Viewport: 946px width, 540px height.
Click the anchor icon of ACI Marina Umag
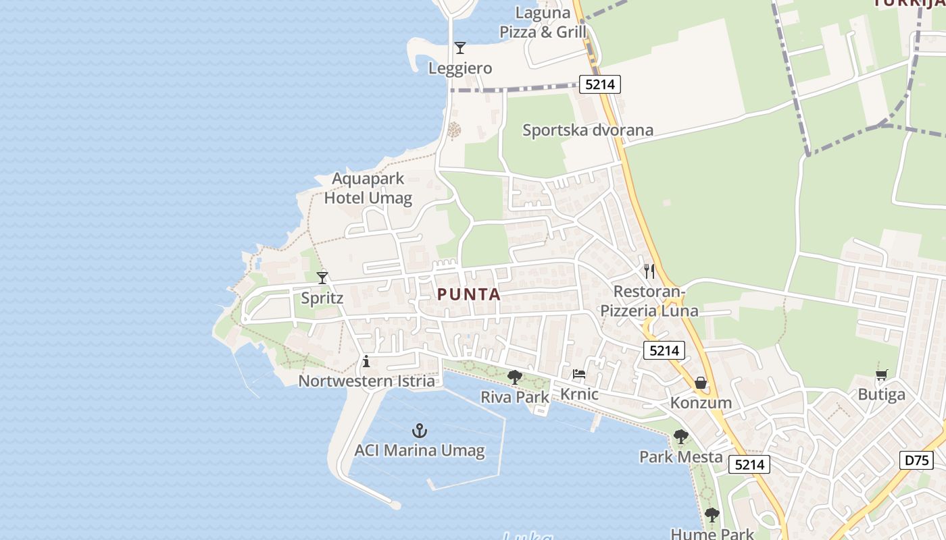pyautogui.click(x=420, y=431)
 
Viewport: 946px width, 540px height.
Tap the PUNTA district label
pyautogui.click(x=469, y=294)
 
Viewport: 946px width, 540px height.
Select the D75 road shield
pyautogui.click(x=917, y=460)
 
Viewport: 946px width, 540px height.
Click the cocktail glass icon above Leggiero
pyautogui.click(x=460, y=48)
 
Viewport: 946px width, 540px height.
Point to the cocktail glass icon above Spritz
pyautogui.click(x=322, y=277)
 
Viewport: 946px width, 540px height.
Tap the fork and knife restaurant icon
pyautogui.click(x=649, y=271)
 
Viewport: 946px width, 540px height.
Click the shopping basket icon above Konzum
pyautogui.click(x=701, y=383)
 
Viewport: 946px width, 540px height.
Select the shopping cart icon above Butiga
pyautogui.click(x=881, y=375)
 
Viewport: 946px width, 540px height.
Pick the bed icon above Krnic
pyautogui.click(x=579, y=374)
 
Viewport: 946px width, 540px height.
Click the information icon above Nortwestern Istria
pyautogui.click(x=366, y=361)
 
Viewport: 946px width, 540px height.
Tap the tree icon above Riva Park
pyautogui.click(x=515, y=377)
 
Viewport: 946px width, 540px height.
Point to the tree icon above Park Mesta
pyautogui.click(x=680, y=437)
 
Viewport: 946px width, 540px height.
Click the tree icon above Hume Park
pyautogui.click(x=712, y=515)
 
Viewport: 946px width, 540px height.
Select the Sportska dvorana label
pyautogui.click(x=587, y=130)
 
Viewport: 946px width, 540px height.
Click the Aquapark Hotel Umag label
pyautogui.click(x=368, y=188)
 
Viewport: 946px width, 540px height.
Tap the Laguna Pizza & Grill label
pyautogui.click(x=543, y=22)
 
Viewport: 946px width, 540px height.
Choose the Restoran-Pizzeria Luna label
pyautogui.click(x=649, y=301)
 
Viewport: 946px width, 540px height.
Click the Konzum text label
pyautogui.click(x=701, y=403)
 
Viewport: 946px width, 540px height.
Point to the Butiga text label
pyautogui.click(x=881, y=395)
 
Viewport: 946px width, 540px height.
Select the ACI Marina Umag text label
pyautogui.click(x=420, y=450)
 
